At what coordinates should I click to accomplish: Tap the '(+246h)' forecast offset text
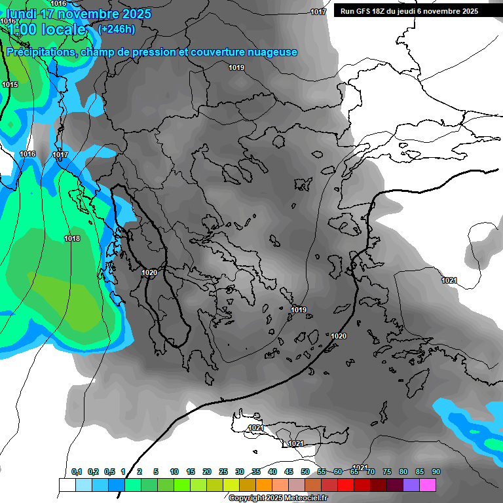pyautogui.click(x=116, y=29)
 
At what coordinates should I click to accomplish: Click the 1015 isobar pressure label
pyautogui.click(x=10, y=84)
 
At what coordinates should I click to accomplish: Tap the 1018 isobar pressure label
pyautogui.click(x=72, y=238)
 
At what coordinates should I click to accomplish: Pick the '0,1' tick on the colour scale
pyautogui.click(x=77, y=472)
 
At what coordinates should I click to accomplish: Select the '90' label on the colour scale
pyautogui.click(x=436, y=472)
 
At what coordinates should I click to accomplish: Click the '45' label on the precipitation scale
pyautogui.click(x=289, y=472)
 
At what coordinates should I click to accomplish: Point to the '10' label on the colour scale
pyautogui.click(x=174, y=472)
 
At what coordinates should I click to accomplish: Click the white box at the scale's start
pyautogui.click(x=67, y=485)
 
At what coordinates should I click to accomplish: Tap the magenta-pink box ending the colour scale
pyautogui.click(x=428, y=485)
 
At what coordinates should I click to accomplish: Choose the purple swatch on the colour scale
pyautogui.click(x=411, y=485)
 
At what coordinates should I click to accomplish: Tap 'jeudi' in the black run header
pyautogui.click(x=408, y=11)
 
